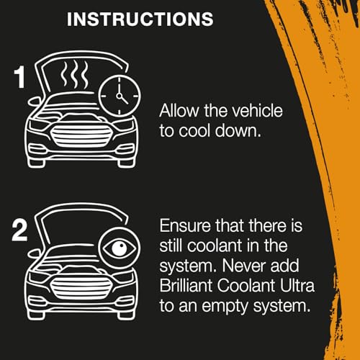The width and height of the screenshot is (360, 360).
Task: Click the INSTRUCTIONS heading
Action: (x=140, y=19)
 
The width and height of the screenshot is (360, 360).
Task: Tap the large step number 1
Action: (x=19, y=77)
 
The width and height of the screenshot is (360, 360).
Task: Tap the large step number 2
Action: (x=19, y=230)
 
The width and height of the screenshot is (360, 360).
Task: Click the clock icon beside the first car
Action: (x=120, y=96)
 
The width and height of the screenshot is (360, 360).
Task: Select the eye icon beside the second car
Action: (x=120, y=248)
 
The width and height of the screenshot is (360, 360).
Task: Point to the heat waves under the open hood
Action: (x=74, y=74)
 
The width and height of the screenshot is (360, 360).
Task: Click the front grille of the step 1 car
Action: (x=81, y=136)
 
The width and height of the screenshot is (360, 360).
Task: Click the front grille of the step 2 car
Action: (x=81, y=288)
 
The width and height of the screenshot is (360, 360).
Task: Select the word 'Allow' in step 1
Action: (x=179, y=111)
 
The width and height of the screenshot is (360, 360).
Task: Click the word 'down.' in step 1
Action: (x=238, y=131)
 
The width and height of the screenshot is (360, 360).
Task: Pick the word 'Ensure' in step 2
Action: (x=185, y=226)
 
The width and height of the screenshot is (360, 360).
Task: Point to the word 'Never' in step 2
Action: (x=244, y=266)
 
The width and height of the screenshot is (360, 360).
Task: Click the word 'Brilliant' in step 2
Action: (x=186, y=285)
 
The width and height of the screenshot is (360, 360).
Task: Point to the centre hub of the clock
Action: (x=120, y=96)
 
